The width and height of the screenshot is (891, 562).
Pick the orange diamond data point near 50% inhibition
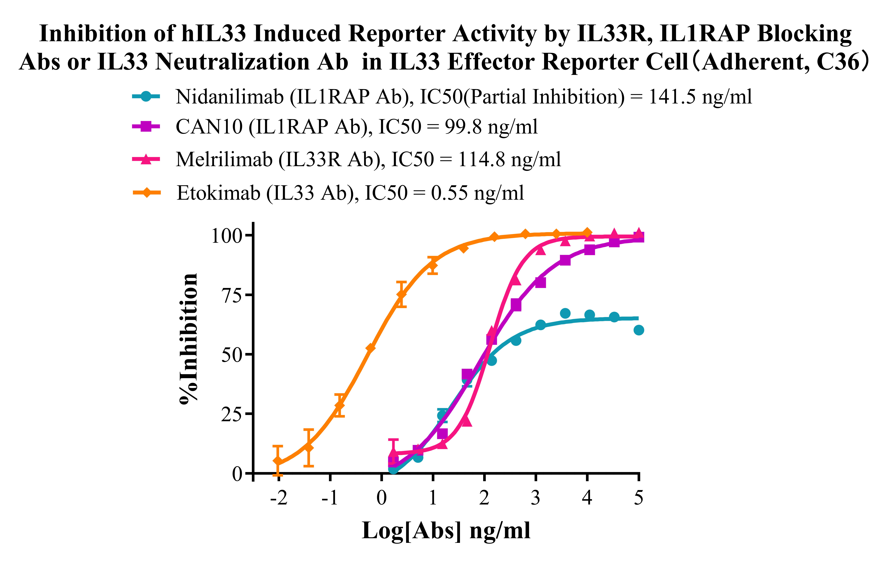pyautogui.click(x=370, y=348)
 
